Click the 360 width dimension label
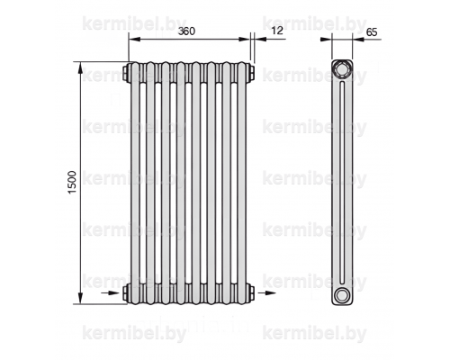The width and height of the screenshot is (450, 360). [x=186, y=31]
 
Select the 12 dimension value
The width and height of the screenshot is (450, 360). [x=276, y=31]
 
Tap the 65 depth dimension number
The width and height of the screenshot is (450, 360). [x=372, y=31]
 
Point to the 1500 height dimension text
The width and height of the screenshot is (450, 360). [x=72, y=183]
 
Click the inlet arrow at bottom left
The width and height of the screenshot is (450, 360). [x=111, y=292]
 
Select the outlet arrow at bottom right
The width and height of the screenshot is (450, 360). [x=266, y=292]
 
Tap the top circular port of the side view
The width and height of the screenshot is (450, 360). [x=342, y=69]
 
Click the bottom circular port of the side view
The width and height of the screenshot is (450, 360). [x=342, y=295]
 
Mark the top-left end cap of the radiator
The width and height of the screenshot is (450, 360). [x=126, y=73]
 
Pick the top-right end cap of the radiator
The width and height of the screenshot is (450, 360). [x=251, y=73]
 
